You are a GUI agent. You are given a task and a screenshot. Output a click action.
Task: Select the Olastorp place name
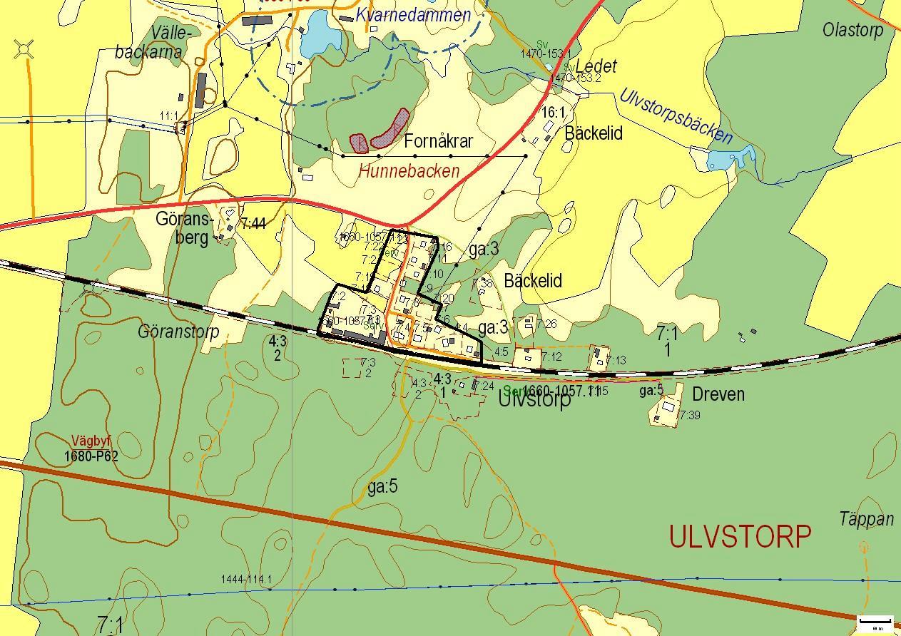click(852, 30)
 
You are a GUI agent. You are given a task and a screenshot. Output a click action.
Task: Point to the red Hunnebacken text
click(409, 172)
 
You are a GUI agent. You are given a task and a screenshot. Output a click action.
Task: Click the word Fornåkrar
click(438, 141)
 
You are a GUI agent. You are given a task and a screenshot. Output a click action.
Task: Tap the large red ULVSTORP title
click(740, 537)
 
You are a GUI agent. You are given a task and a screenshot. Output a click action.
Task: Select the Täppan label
click(866, 519)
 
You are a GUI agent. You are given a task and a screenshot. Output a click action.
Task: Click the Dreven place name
click(718, 394)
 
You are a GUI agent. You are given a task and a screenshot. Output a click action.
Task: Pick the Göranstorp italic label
click(178, 332)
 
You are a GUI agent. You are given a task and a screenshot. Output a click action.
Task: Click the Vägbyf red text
click(91, 441)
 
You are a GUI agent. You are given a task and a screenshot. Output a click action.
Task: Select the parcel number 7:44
click(253, 224)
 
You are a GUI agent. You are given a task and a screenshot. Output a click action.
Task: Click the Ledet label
click(596, 66)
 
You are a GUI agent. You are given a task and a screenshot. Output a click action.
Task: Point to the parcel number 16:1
click(553, 113)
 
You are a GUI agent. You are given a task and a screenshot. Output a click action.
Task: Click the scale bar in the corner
click(875, 623)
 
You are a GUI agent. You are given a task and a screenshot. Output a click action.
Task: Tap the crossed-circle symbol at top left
click(24, 50)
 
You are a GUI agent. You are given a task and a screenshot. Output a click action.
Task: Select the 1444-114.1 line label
click(246, 580)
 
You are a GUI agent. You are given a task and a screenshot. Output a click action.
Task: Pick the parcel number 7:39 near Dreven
click(689, 415)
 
